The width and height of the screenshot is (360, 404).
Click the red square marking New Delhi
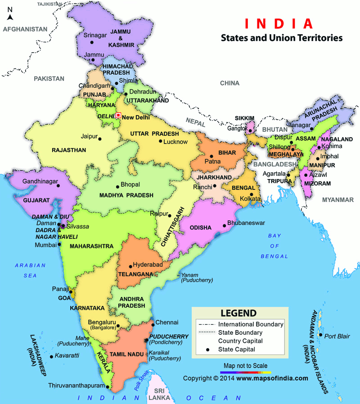[x=118, y=115]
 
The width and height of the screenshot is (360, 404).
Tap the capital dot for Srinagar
[x=92, y=42]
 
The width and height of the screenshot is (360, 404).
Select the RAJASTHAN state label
[x=68, y=150]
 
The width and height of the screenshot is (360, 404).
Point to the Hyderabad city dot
[x=130, y=266]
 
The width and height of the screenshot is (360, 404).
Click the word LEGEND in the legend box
[x=238, y=313]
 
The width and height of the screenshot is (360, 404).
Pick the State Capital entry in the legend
[x=237, y=349]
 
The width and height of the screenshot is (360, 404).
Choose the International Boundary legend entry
[x=251, y=324]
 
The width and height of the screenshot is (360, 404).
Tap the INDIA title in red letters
[x=278, y=23]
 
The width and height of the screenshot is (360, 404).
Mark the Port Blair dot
[x=320, y=335]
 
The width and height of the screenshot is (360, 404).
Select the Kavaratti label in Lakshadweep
[x=68, y=355]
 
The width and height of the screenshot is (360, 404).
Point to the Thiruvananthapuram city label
[x=76, y=386]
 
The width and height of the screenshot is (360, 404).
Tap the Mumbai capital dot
[x=59, y=245]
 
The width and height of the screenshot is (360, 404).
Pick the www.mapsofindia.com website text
[x=272, y=378]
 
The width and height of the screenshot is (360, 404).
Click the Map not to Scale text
[x=245, y=366]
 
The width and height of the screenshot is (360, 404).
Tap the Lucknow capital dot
[x=160, y=141]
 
